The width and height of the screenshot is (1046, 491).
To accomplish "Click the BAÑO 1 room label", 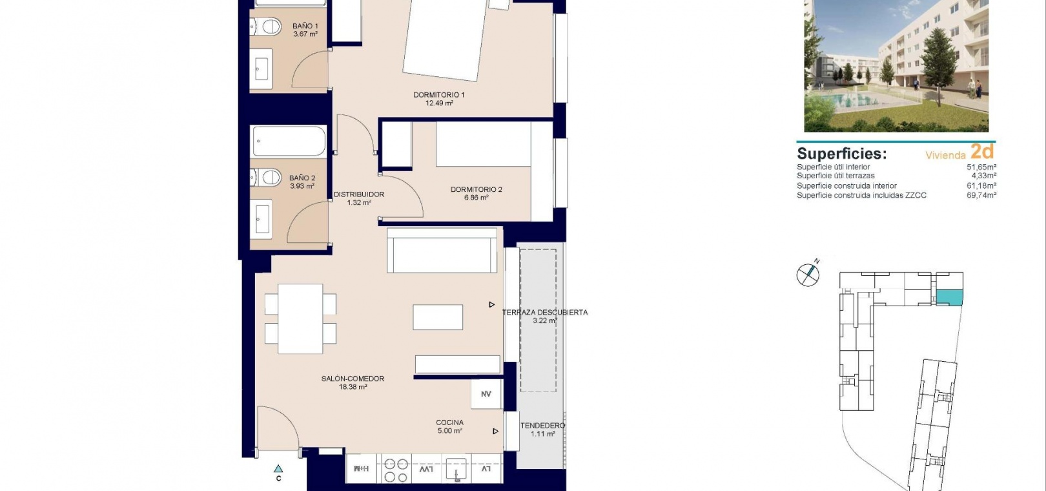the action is coord(305,26).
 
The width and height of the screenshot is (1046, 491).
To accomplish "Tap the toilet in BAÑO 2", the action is coord(266,178).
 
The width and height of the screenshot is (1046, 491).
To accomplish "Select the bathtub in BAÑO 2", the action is coord(289,141).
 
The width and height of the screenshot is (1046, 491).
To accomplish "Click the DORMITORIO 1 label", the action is coord(439,95).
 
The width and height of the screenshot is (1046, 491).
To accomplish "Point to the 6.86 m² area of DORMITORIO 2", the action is coord(477,198).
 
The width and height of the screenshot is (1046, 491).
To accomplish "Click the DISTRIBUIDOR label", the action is coord(359,194).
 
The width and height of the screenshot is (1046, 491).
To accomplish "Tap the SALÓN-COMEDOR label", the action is coord(353,379).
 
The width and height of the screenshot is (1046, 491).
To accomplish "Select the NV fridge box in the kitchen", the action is coord(486,394).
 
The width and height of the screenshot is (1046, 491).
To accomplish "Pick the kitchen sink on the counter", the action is coord(456,469).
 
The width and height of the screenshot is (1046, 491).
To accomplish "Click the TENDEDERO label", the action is coord(542,426).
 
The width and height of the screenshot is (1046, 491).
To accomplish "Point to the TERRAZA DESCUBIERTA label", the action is coord(545,313).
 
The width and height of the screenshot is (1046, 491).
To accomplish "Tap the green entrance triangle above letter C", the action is coord(278,468).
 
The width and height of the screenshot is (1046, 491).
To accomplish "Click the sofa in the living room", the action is coord(442,251).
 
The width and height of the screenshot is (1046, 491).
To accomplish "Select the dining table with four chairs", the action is coord(300,319).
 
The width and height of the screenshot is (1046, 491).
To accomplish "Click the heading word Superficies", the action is coord(841,154).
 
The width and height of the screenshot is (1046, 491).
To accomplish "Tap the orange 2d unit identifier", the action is coord(982,151).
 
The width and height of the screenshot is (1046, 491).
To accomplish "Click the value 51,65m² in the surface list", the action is coord(981,167).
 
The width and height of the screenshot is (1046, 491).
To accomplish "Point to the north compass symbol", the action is coord(808,274).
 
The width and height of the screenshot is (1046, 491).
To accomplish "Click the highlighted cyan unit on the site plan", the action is coord(950,298).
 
